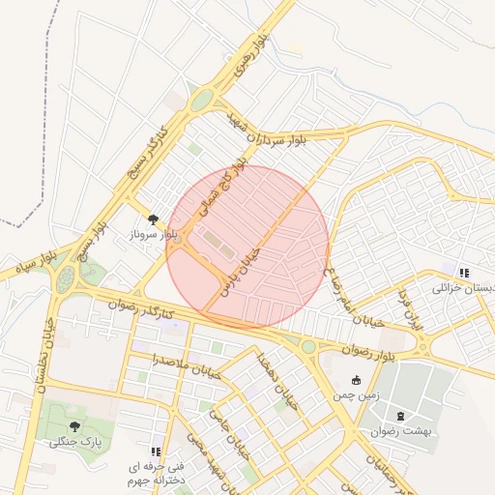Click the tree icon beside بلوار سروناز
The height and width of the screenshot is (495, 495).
tap(153, 219)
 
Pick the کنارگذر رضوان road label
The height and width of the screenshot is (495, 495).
tap(143, 309)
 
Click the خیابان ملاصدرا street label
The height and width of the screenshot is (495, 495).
tap(185, 365)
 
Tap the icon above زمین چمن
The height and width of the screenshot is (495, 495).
tap(357, 380)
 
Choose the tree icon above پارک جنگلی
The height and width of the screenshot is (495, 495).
tap(75, 425)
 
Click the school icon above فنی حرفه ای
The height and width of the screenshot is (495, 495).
tap(156, 451)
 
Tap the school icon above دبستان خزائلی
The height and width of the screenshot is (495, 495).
tap(464, 274)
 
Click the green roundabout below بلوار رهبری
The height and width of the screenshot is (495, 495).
tap(202, 100)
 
